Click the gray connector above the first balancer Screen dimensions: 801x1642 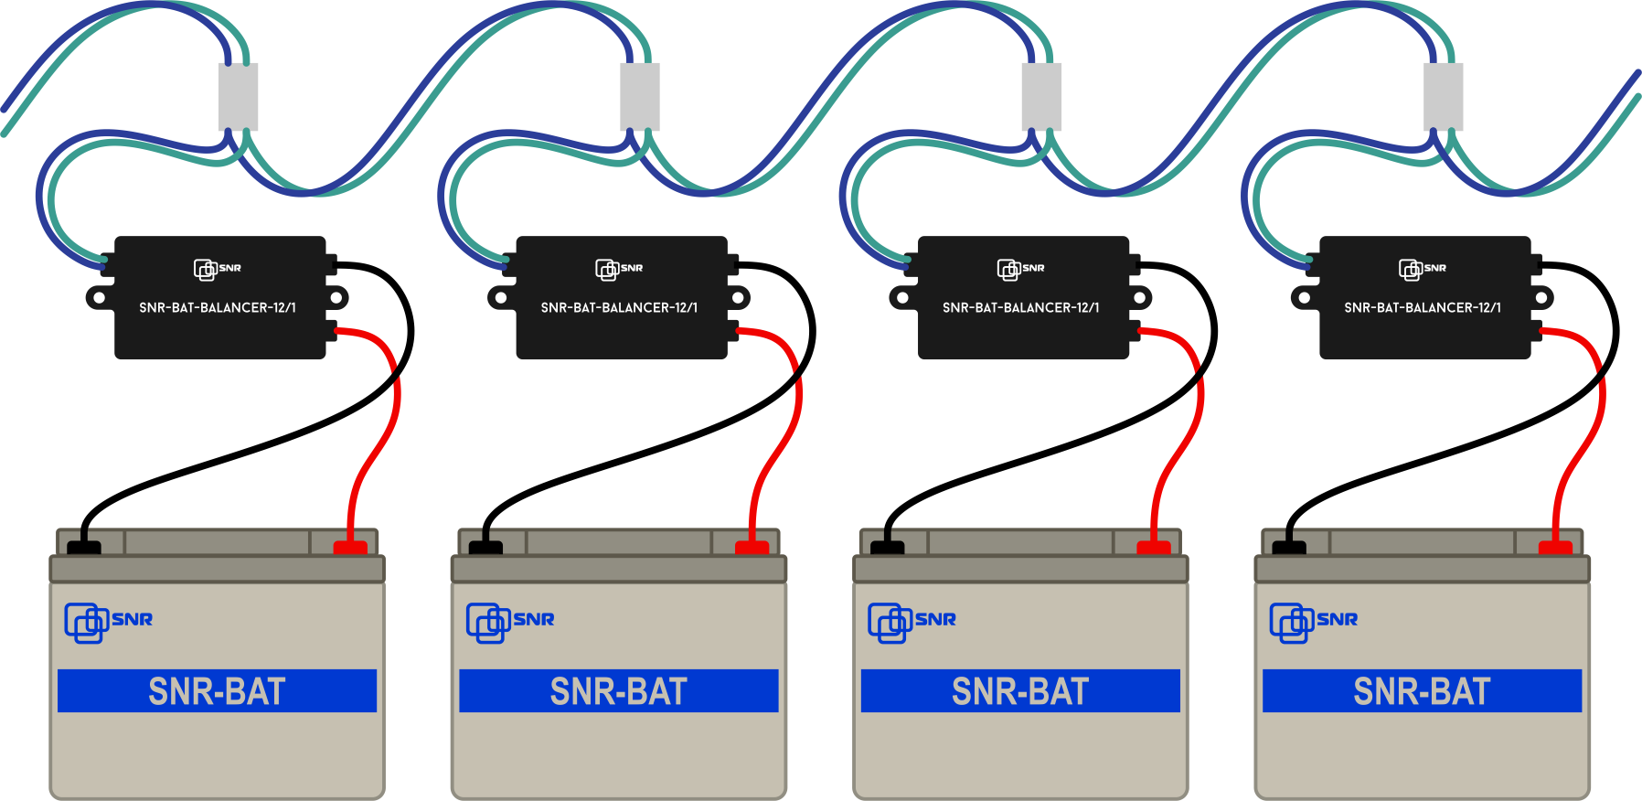pyautogui.click(x=238, y=96)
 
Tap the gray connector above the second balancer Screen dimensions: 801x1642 pyautogui.click(x=640, y=96)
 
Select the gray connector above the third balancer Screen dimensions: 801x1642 pyautogui.click(x=1041, y=96)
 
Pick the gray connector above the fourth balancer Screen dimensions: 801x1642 pyautogui.click(x=1444, y=96)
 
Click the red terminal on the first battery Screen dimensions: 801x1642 pyautogui.click(x=350, y=548)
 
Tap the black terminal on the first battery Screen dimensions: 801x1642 pyautogui.click(x=84, y=548)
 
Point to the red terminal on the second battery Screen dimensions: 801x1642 pyautogui.click(x=752, y=548)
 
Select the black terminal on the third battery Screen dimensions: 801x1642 pyautogui.click(x=887, y=548)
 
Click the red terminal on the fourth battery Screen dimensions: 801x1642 pyautogui.click(x=1555, y=548)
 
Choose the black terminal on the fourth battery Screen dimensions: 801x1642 pyautogui.click(x=1289, y=548)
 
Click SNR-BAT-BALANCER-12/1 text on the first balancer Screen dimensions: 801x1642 pyautogui.click(x=218, y=308)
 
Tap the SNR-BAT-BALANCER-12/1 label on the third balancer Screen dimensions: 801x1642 pyautogui.click(x=1021, y=308)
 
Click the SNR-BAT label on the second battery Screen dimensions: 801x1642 pyautogui.click(x=619, y=691)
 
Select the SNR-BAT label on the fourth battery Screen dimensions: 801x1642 pyautogui.click(x=1422, y=691)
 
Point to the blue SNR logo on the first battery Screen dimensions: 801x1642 pyautogui.click(x=108, y=622)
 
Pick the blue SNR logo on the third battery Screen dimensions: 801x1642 pyautogui.click(x=912, y=622)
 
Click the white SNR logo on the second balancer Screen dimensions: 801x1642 pyautogui.click(x=619, y=269)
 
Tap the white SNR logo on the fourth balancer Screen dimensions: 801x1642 pyautogui.click(x=1423, y=269)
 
